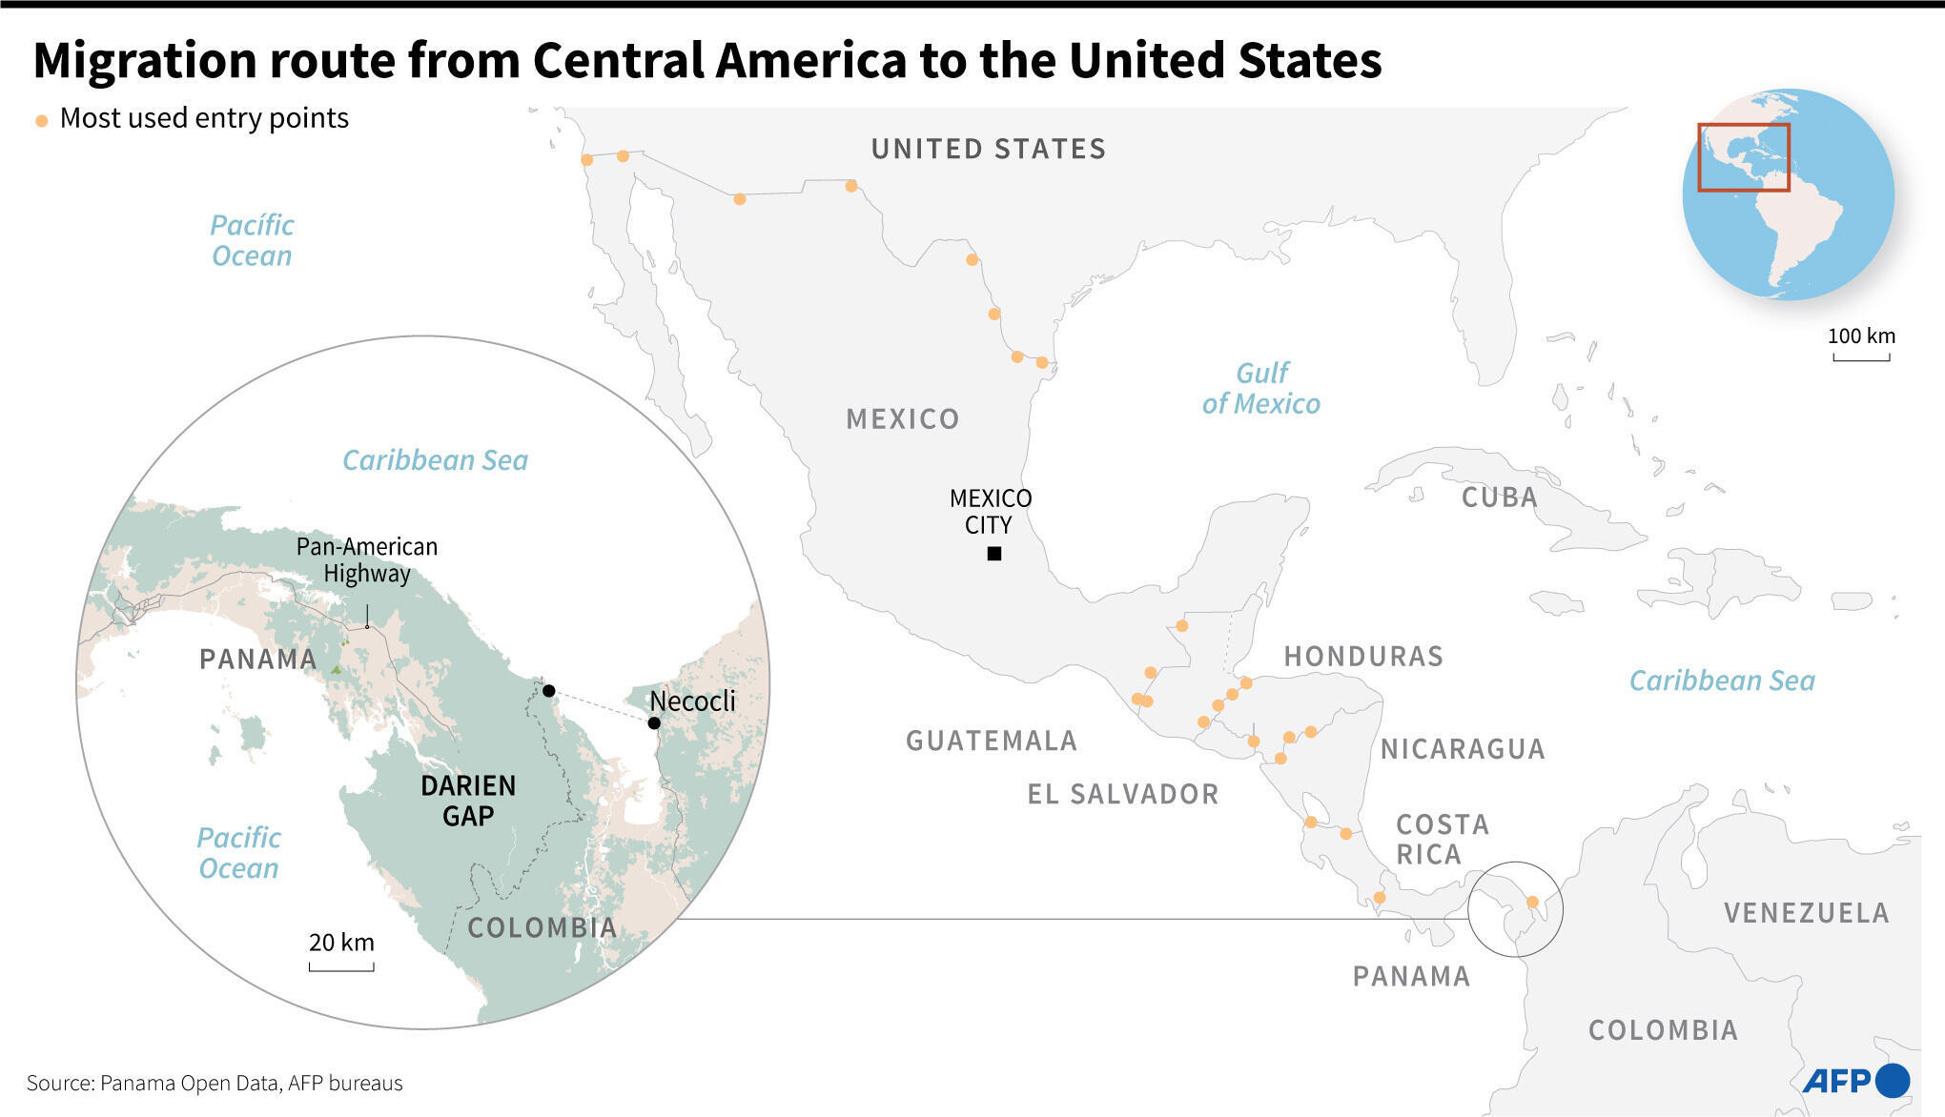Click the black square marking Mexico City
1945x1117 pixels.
point(994,554)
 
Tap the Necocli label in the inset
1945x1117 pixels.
point(692,701)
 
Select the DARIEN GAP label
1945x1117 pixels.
point(468,801)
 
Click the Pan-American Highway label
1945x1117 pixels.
point(367,559)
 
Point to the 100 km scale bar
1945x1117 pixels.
point(1861,357)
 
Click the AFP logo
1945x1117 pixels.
point(1855,1081)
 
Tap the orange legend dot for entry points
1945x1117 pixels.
point(42,121)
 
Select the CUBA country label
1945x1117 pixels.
point(1499,498)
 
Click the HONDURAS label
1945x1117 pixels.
point(1363,656)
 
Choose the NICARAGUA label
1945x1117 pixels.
point(1463,749)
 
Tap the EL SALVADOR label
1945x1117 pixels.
point(1122,794)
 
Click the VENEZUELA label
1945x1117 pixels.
point(1806,913)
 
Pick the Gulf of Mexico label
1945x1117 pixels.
point(1261,388)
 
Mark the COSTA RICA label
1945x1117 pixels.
point(1442,839)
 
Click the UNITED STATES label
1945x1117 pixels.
point(989,149)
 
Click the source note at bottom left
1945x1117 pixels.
point(215,1083)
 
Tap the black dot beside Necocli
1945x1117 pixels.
point(654,723)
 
